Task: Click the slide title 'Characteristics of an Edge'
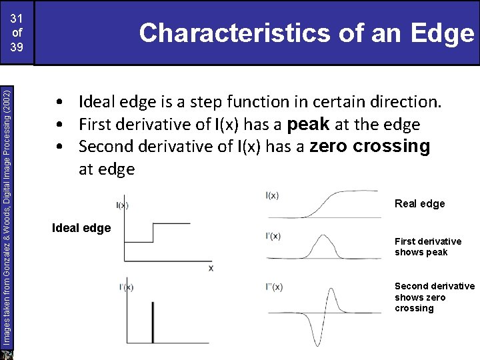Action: point(306,33)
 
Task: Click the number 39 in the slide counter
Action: point(17,48)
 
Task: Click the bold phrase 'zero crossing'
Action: point(370,147)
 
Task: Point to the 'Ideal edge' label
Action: point(81,228)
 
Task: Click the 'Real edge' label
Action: point(419,203)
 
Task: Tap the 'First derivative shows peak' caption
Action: point(427,247)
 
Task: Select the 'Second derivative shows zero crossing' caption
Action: point(434,297)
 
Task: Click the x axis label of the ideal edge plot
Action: point(211,267)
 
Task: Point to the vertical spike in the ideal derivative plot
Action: point(153,323)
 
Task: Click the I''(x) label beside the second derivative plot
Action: point(274,287)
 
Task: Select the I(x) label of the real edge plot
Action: point(272,195)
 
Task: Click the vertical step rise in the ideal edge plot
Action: point(153,233)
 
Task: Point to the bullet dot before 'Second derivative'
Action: point(60,147)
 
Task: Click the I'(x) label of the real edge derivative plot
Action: point(273,236)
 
